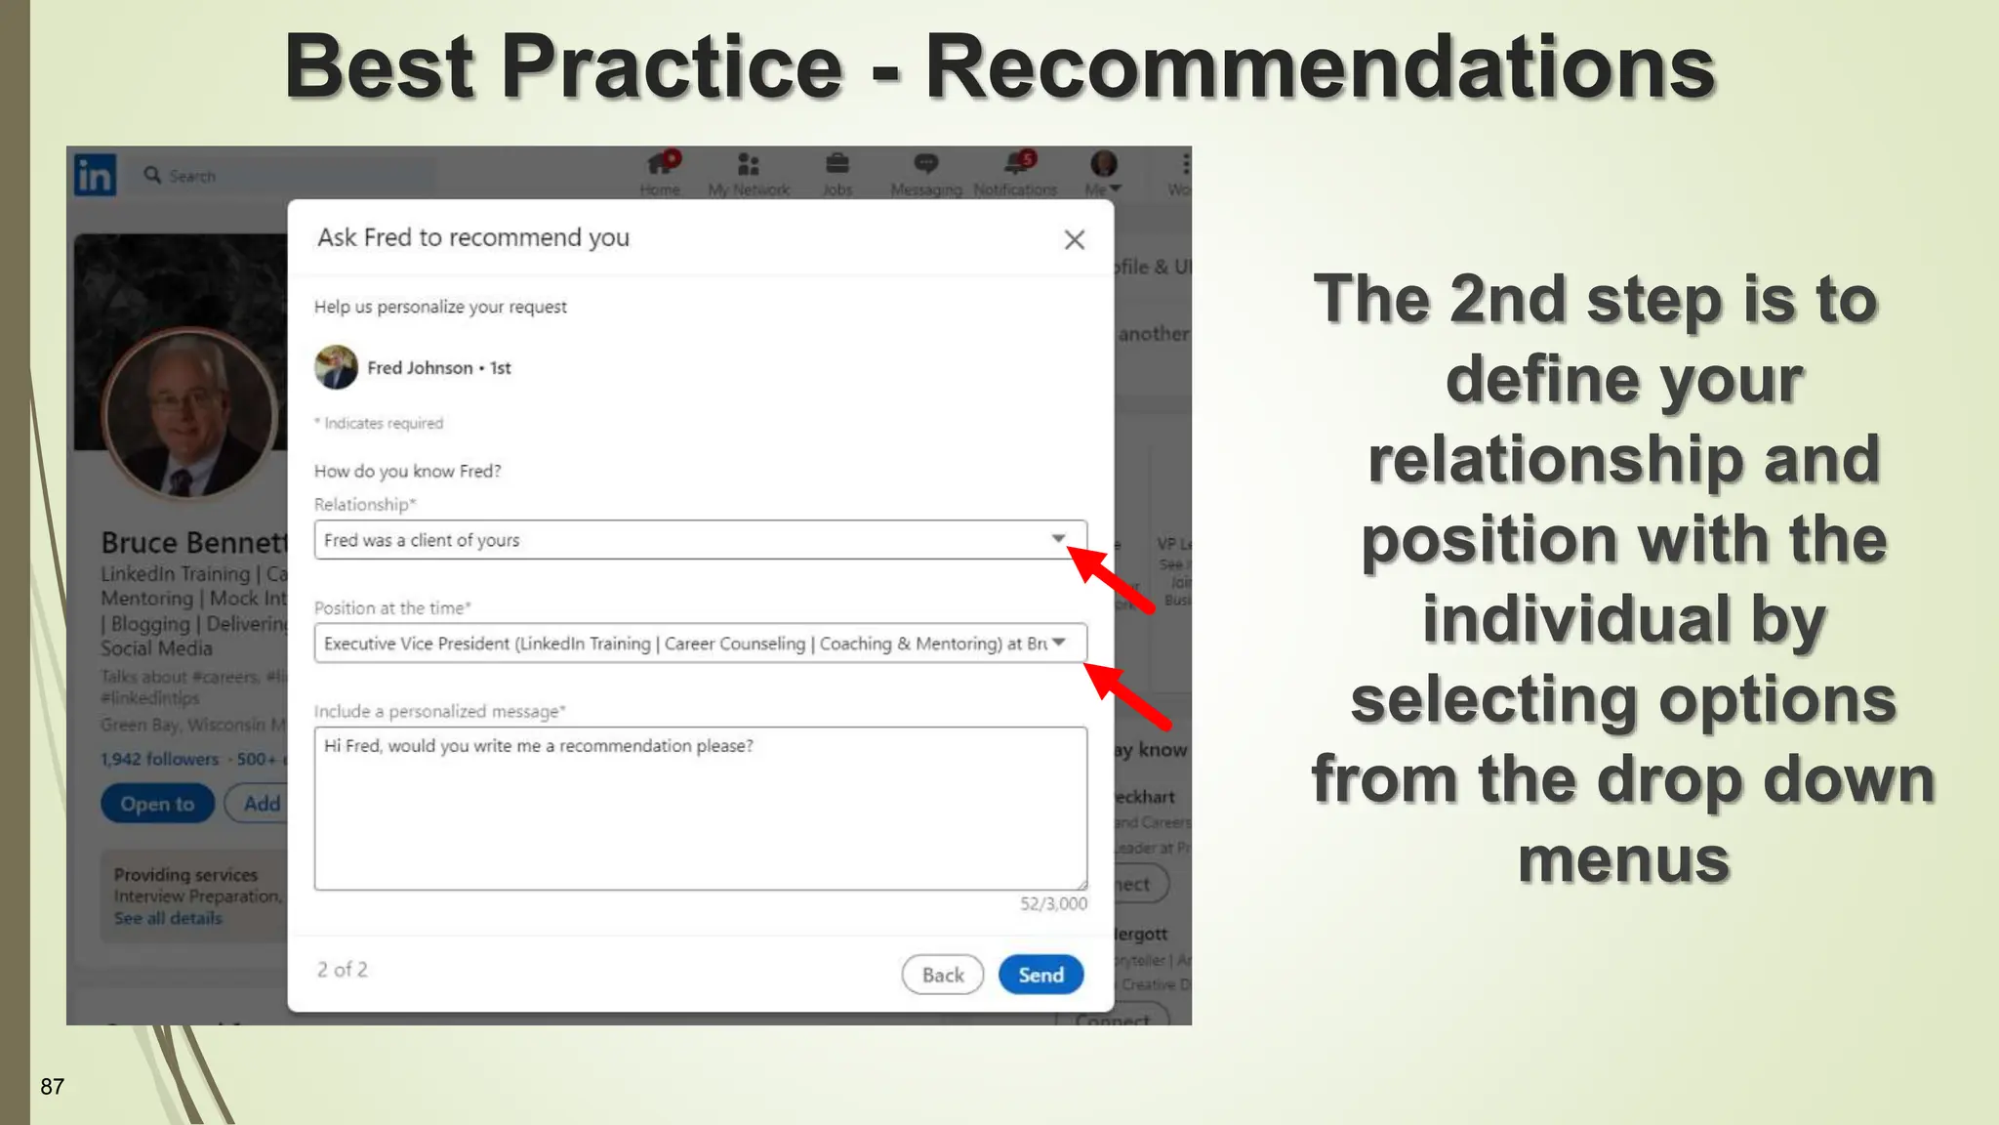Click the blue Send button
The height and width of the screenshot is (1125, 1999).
point(1040,975)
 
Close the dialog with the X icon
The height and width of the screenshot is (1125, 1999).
point(1074,239)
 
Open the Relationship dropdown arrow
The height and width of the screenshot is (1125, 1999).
point(1058,539)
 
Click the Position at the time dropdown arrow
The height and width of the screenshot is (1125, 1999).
point(1058,643)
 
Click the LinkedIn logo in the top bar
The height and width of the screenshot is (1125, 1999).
point(96,175)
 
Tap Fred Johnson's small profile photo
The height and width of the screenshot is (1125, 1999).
point(336,367)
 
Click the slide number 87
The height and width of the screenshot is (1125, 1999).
point(53,1087)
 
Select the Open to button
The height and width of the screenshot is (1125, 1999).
point(157,804)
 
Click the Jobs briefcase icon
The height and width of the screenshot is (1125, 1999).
point(837,164)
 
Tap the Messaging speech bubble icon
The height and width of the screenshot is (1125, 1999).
point(925,164)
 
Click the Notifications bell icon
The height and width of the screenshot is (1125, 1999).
point(1016,164)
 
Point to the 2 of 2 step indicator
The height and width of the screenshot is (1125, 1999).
point(342,970)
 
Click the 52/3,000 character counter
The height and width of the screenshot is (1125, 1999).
point(1053,904)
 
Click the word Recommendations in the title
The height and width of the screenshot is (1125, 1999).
point(1320,67)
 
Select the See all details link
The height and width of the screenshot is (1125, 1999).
point(168,918)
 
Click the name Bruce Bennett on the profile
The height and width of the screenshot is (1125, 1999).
point(194,542)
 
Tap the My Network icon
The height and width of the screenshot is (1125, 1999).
point(749,164)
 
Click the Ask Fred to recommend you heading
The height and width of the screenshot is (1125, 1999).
point(473,237)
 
